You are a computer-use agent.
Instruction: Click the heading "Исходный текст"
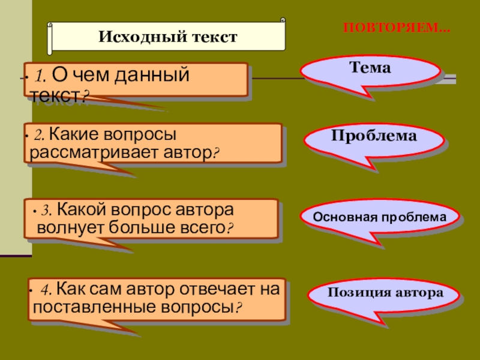[168, 37]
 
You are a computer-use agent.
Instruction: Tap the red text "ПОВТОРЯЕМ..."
[396, 28]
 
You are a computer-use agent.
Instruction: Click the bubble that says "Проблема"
[374, 136]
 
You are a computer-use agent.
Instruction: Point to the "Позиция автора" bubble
[385, 293]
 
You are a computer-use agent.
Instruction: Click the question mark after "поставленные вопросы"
[238, 308]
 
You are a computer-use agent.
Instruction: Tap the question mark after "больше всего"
[229, 229]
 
